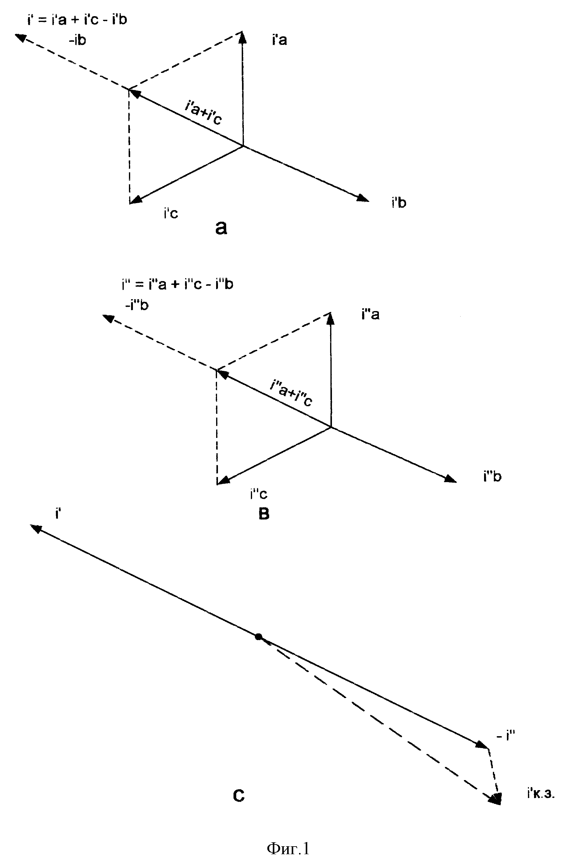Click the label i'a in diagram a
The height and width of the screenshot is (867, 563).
click(279, 40)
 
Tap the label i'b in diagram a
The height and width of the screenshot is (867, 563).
click(399, 202)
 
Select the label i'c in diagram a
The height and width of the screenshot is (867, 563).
click(171, 213)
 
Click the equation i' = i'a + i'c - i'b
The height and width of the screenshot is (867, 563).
click(77, 19)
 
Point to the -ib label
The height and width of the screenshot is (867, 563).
click(77, 40)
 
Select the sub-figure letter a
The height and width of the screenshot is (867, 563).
click(221, 228)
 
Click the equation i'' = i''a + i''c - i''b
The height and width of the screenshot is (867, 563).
click(178, 284)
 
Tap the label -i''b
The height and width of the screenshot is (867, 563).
click(137, 305)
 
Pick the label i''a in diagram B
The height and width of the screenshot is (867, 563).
click(370, 314)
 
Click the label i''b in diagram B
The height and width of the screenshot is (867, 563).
click(492, 476)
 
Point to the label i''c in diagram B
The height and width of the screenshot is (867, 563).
click(258, 494)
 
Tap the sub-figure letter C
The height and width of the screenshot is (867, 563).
click(239, 796)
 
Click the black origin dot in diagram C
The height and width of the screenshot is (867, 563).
click(258, 637)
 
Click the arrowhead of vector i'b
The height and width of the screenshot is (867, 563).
click(363, 198)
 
